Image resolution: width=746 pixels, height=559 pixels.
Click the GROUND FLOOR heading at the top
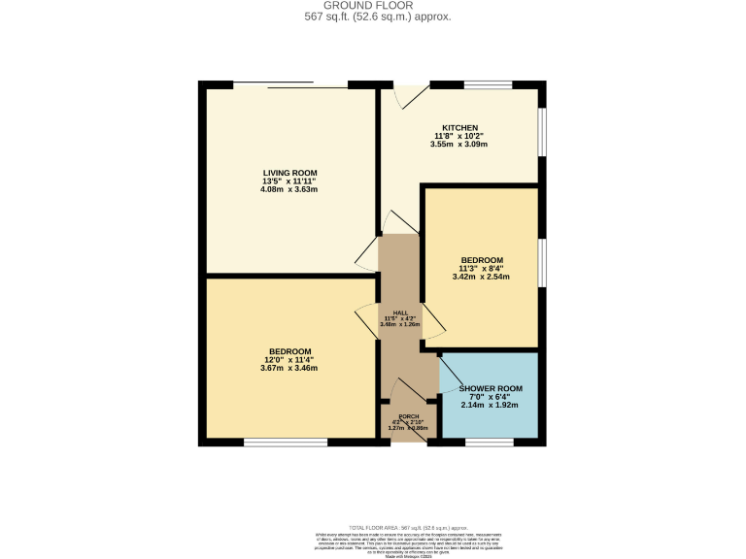click(x=373, y=5)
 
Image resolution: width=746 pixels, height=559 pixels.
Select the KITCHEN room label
click(x=458, y=127)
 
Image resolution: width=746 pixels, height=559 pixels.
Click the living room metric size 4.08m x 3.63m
click(x=289, y=189)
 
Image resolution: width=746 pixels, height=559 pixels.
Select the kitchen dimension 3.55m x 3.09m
click(x=458, y=145)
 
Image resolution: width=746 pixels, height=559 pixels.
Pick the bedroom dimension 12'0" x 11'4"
click(x=289, y=360)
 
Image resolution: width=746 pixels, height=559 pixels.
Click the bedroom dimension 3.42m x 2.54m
click(x=482, y=278)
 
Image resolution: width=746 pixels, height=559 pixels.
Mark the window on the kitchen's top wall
click(x=488, y=84)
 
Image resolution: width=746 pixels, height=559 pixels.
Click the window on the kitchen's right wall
click(x=542, y=129)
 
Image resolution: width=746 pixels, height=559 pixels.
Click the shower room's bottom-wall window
click(x=489, y=444)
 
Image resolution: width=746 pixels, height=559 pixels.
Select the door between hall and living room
click(x=366, y=254)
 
